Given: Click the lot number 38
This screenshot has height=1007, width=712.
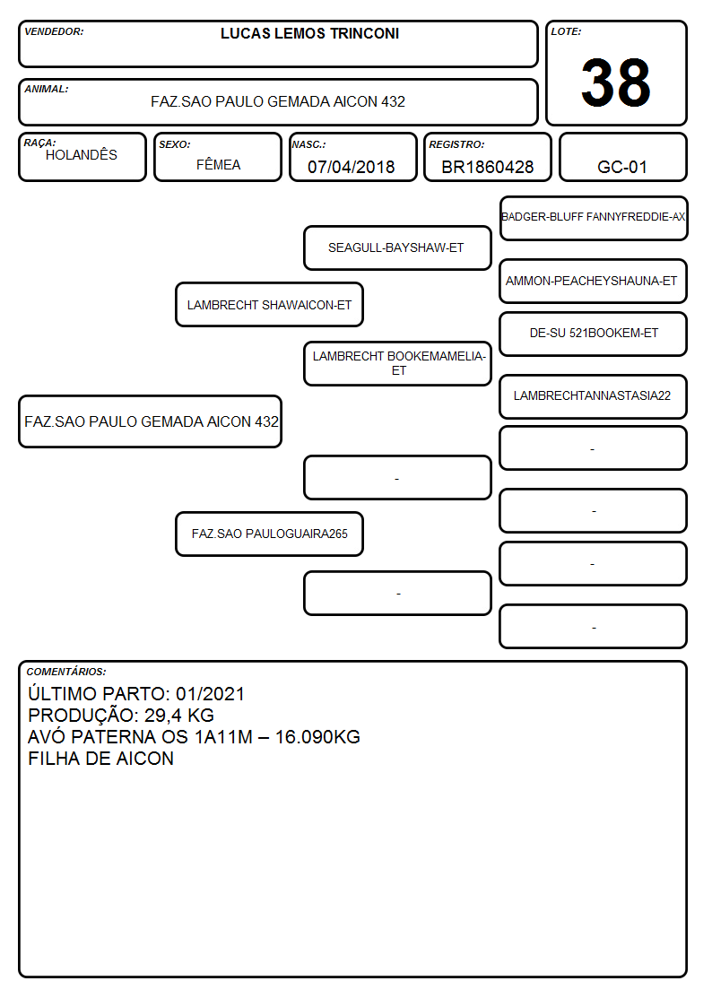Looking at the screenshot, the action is [616, 82].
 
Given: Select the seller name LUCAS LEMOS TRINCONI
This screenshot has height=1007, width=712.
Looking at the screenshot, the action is [309, 33].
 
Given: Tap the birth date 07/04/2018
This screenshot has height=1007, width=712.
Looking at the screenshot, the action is [352, 167].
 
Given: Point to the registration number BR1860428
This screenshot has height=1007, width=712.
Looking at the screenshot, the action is [487, 167].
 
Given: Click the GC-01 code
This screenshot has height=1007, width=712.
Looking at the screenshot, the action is [622, 167].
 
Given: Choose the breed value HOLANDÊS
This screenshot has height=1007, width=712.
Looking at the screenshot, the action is [82, 155].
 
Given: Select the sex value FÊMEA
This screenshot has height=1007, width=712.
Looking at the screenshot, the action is [218, 164].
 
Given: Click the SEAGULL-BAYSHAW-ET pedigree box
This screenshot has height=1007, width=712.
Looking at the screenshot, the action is [397, 247].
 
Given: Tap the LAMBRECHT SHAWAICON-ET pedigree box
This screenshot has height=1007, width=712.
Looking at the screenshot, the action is [270, 305].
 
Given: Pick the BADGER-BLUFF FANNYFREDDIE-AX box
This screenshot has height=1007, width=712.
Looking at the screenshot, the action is [594, 219].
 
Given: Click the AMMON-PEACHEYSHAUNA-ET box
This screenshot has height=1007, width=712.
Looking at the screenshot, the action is [594, 282].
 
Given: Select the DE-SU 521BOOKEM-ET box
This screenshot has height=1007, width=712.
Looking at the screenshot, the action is [594, 334].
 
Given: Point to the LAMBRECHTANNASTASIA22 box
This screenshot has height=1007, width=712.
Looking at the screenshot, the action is [594, 396].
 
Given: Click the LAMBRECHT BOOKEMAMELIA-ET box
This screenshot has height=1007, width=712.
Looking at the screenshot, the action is [397, 363].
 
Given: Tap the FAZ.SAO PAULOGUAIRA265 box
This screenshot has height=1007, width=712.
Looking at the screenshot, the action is [270, 534].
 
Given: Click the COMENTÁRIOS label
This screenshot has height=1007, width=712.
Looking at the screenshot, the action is [66, 672].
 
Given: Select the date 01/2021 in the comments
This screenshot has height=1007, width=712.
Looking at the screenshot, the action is [211, 694].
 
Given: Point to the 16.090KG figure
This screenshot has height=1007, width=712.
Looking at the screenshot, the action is [317, 736].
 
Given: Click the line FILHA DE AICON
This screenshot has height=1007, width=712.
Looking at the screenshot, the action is [100, 759].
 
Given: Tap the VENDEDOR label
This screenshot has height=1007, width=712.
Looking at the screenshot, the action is [54, 31].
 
